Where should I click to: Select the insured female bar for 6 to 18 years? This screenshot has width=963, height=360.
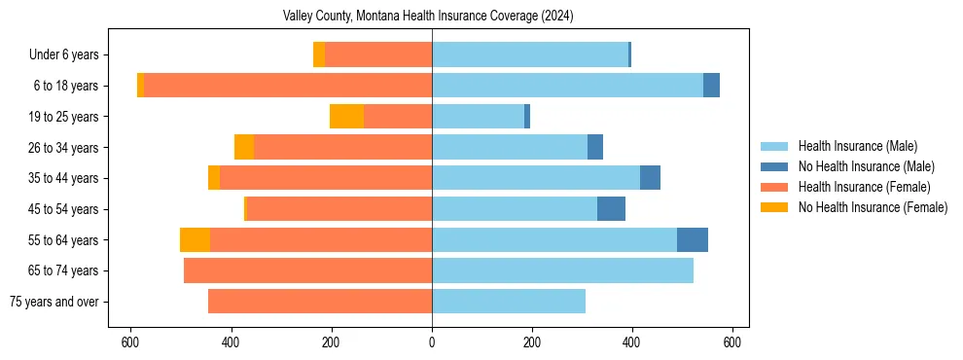288,86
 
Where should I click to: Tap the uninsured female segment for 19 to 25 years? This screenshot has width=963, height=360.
346,117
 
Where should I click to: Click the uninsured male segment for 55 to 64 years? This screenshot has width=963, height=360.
692,239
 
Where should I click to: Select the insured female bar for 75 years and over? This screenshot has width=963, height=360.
320,302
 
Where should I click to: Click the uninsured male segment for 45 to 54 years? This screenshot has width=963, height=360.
611,209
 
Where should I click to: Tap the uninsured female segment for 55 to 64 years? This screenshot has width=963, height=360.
195,239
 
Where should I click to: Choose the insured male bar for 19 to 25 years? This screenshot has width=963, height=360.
478,117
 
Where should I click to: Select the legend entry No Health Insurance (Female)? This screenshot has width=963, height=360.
873,207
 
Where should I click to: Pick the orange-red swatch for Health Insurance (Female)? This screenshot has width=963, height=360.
774,187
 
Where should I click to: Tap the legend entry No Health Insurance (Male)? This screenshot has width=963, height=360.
866,166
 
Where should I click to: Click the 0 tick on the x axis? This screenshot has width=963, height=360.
432,342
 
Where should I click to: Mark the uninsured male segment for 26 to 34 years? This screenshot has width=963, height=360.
595,147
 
